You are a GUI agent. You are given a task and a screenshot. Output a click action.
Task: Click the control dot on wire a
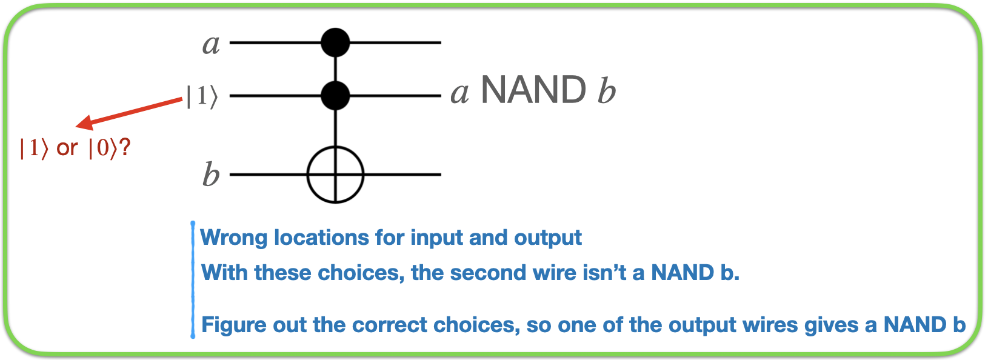(x=335, y=42)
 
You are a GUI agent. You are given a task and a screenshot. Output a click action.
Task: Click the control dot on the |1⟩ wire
(x=335, y=95)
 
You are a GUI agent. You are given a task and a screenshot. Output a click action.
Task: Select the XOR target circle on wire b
(x=335, y=175)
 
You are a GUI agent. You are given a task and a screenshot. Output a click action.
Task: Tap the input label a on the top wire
(x=211, y=44)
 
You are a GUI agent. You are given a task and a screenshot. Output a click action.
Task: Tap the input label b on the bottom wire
(x=210, y=175)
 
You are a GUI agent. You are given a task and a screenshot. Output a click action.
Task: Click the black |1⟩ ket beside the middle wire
(x=201, y=96)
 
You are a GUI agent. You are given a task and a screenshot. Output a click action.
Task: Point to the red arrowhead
(x=84, y=124)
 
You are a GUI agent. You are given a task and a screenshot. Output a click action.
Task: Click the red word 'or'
(x=67, y=148)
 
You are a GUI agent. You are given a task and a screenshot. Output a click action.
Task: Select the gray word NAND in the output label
(x=533, y=91)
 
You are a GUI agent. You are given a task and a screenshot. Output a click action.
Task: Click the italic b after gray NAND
(x=606, y=92)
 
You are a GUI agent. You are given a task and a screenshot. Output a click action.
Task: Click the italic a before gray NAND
(x=459, y=93)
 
